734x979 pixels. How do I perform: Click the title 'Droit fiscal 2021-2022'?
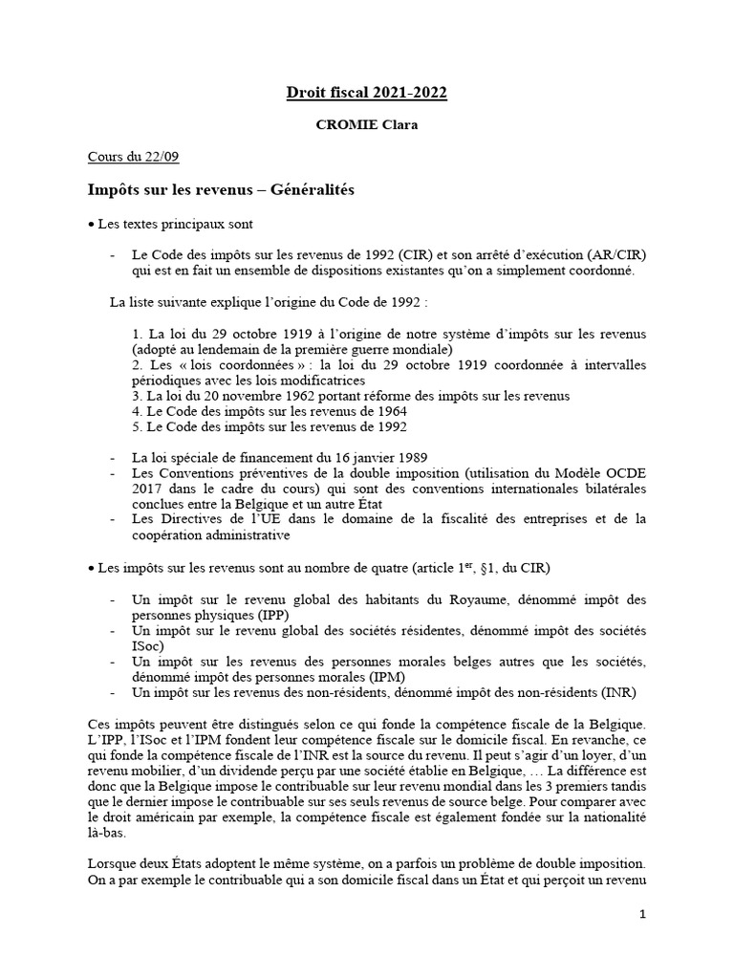(367, 93)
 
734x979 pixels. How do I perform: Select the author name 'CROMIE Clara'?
(367, 124)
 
